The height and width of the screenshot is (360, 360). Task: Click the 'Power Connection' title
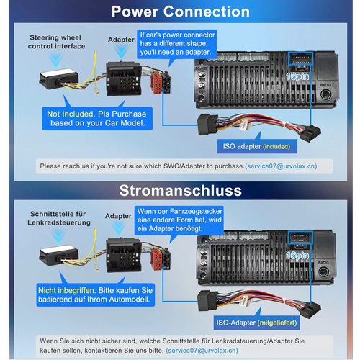[181, 12]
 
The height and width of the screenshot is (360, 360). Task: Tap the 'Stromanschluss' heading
[181, 191]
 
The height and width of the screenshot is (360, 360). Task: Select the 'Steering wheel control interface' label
[56, 42]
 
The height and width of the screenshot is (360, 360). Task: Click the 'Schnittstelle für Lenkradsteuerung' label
[59, 218]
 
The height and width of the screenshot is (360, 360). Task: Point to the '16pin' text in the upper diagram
[297, 76]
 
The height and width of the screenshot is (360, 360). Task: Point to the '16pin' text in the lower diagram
[297, 256]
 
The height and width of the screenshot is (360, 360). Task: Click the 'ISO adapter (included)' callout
[257, 146]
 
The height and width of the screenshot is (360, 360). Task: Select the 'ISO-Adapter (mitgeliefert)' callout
[256, 323]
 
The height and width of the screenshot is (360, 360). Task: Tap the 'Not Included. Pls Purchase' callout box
[97, 119]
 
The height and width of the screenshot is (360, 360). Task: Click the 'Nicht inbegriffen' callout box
[96, 295]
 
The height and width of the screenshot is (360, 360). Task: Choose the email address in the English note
[281, 166]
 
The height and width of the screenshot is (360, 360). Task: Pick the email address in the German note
[202, 351]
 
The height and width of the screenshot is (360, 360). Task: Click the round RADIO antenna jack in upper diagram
[325, 94]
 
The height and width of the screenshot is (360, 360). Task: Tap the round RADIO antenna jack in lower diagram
[323, 272]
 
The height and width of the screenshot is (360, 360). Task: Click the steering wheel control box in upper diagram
[59, 79]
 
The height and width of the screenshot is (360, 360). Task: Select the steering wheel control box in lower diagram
[59, 256]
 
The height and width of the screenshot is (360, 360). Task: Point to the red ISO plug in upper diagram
[156, 84]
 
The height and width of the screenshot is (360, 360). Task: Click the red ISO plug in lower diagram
[156, 260]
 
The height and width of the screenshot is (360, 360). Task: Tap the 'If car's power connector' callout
[177, 44]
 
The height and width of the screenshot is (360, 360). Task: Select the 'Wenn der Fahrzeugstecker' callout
[179, 220]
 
